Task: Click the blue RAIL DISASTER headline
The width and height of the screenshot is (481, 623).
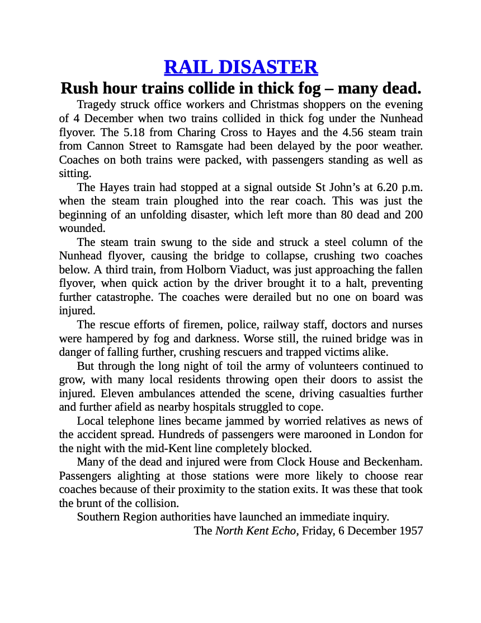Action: [x=240, y=67]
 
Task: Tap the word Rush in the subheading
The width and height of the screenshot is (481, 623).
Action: [x=78, y=89]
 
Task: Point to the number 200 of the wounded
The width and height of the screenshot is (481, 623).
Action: [x=413, y=215]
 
